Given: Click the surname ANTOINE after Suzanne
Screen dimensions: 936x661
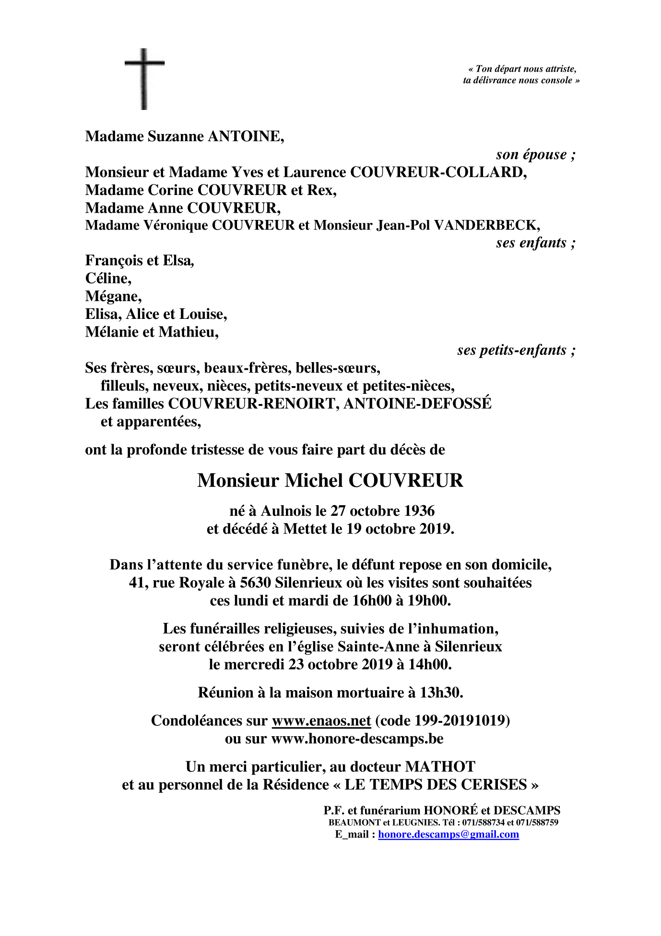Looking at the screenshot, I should pyautogui.click(x=245, y=136).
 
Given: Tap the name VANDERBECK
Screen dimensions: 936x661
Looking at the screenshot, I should pyautogui.click(x=486, y=225).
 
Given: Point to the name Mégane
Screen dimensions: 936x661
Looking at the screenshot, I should pyautogui.click(x=113, y=296).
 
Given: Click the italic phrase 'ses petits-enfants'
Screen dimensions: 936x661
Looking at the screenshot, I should pyautogui.click(x=512, y=350).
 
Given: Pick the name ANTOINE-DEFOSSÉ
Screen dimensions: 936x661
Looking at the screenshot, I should pyautogui.click(x=417, y=403).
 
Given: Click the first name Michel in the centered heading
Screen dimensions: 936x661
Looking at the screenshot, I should pyautogui.click(x=314, y=480).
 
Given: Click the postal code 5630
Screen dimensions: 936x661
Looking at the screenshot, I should pyautogui.click(x=255, y=583).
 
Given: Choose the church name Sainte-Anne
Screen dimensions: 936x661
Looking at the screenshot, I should pyautogui.click(x=378, y=646).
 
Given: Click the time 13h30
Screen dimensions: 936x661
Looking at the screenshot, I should pyautogui.click(x=441, y=693).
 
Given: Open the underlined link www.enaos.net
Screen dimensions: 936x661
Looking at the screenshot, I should pyautogui.click(x=321, y=720).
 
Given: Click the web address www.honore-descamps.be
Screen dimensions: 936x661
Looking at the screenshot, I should pyautogui.click(x=357, y=738).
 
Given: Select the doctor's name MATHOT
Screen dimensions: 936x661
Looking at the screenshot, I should pyautogui.click(x=440, y=766).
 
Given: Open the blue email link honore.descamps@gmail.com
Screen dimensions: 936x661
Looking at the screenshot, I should pyautogui.click(x=449, y=834).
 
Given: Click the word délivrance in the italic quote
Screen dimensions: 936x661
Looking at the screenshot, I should pyautogui.click(x=495, y=80).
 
